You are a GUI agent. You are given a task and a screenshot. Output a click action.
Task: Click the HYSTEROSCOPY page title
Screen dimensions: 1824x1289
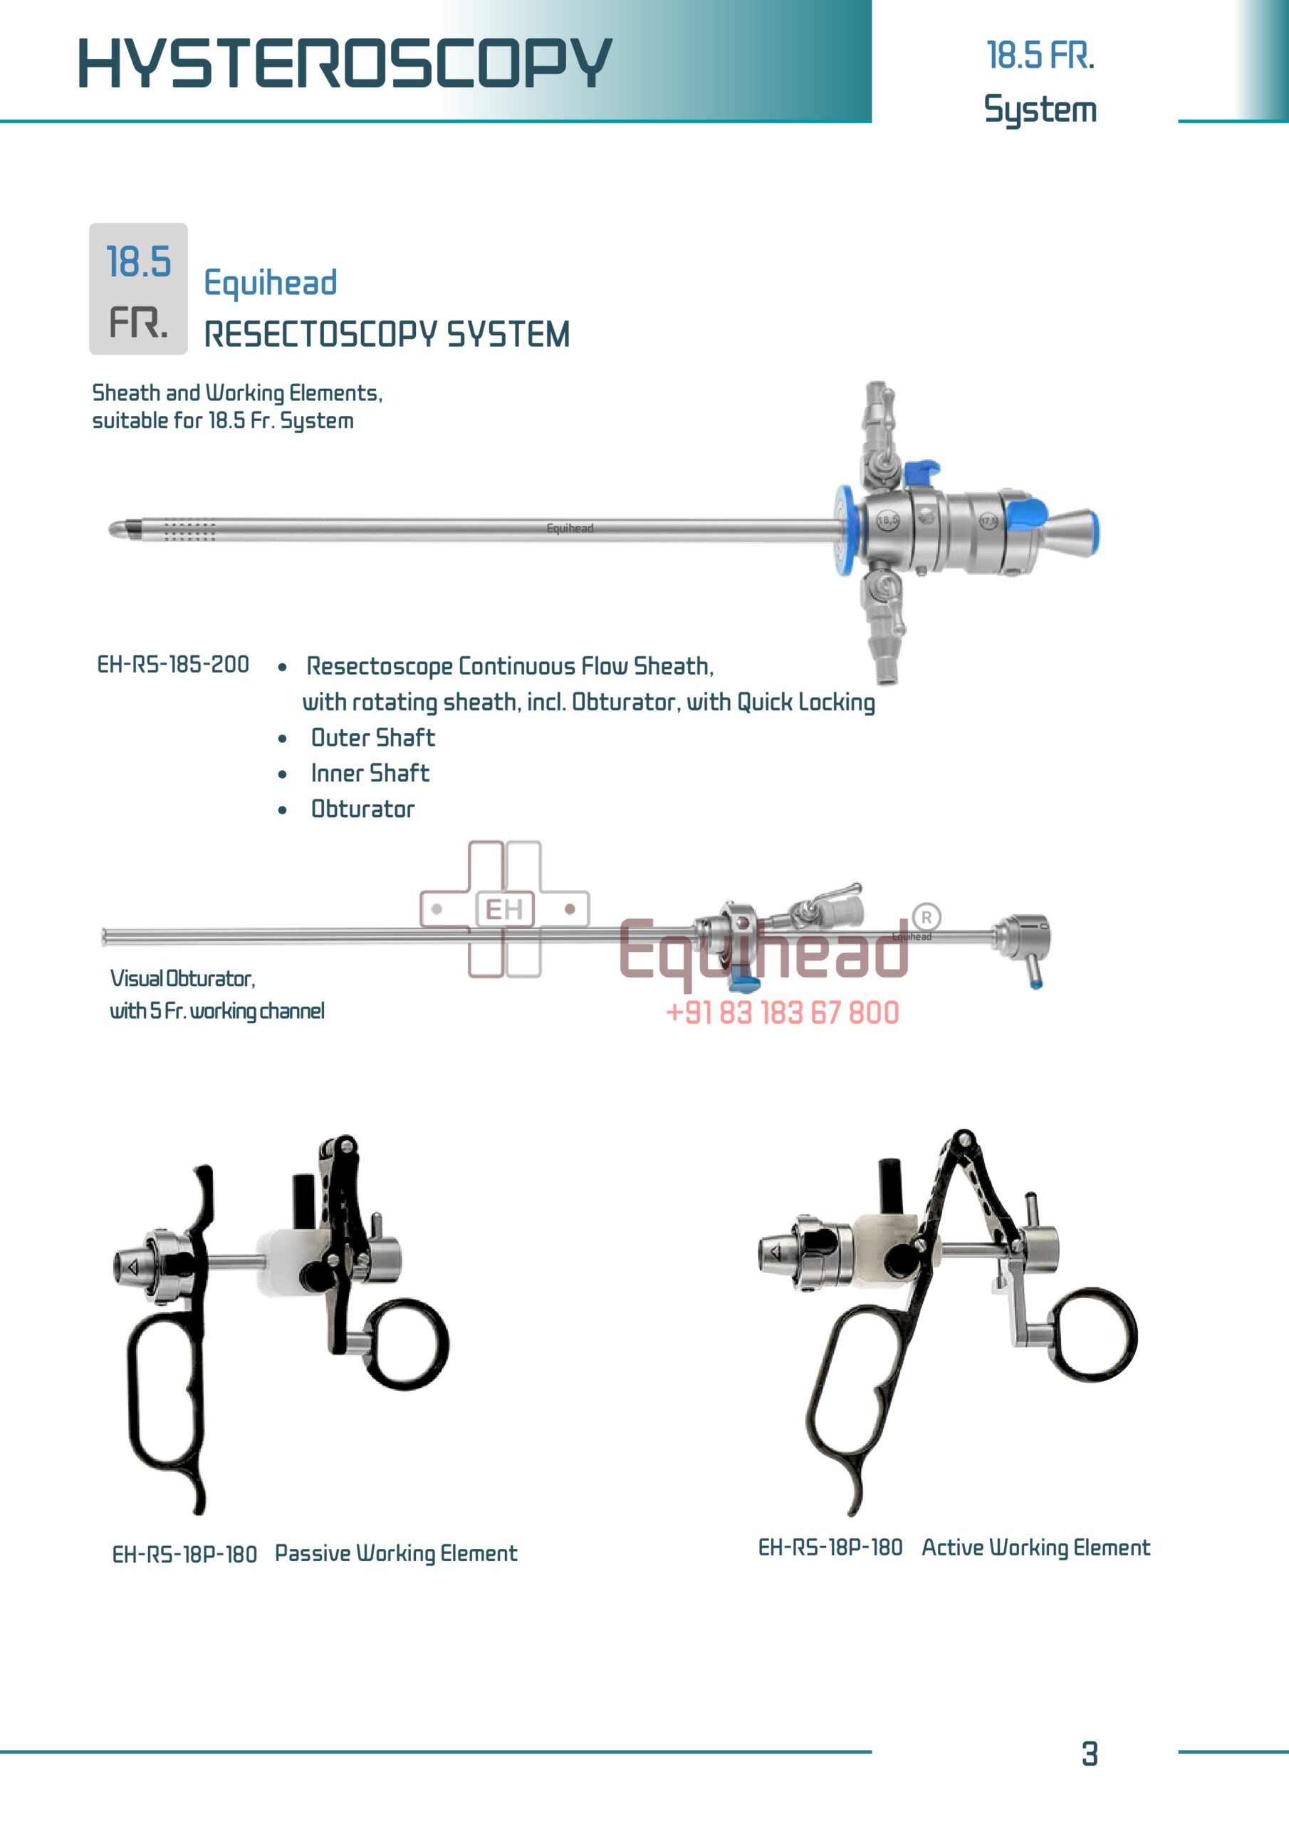click(x=345, y=63)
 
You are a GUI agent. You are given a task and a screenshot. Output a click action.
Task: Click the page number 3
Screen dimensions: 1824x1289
click(x=1090, y=1754)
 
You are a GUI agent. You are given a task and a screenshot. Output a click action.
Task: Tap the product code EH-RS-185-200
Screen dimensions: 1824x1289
click(x=173, y=664)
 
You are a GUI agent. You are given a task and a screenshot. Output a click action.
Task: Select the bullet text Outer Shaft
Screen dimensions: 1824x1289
click(x=372, y=738)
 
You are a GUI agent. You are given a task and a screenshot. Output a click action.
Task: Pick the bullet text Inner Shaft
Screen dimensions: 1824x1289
click(x=370, y=773)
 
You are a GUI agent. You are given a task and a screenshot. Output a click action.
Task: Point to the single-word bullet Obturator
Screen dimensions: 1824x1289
click(x=362, y=809)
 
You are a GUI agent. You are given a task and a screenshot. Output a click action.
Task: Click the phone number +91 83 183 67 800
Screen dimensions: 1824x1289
click(x=782, y=1013)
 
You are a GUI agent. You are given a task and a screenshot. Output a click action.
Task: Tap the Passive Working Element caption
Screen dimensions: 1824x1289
click(x=395, y=1553)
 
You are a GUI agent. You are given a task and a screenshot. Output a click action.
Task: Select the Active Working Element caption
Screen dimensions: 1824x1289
click(x=1035, y=1548)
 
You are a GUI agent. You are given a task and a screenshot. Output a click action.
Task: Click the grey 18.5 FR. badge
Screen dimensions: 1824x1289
click(x=138, y=289)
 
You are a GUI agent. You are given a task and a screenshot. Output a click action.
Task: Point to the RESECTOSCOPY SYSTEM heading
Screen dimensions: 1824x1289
click(x=387, y=334)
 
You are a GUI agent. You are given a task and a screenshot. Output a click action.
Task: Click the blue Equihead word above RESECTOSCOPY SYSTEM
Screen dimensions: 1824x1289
click(x=270, y=283)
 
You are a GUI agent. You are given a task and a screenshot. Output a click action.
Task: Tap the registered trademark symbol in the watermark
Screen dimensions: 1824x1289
click(x=926, y=918)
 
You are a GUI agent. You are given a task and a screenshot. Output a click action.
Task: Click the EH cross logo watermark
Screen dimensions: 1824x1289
click(x=504, y=909)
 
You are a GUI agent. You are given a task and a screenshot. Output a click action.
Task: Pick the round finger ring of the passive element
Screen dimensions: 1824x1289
click(x=408, y=1344)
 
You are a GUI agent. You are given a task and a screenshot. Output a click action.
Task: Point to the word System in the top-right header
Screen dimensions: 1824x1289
click(x=1040, y=110)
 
